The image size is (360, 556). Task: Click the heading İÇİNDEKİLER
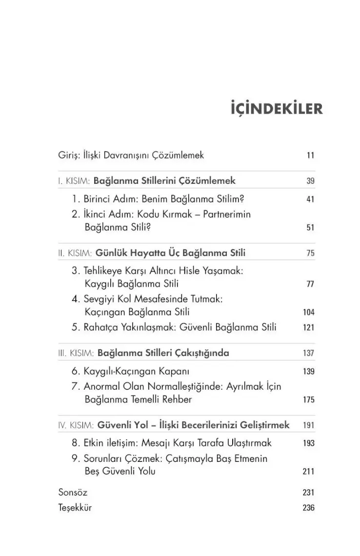tap(277, 109)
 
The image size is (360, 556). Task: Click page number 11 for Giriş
tap(310, 156)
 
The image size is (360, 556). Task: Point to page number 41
tap(310, 199)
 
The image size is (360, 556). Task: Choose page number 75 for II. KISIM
tap(310, 253)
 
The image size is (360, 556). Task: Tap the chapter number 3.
tap(75, 271)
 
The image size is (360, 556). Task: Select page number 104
tap(308, 312)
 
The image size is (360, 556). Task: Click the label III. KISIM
tap(76, 353)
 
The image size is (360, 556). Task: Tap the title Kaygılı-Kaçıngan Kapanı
tap(137, 371)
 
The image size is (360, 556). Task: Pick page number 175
tap(308, 400)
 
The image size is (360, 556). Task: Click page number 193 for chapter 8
tap(308, 443)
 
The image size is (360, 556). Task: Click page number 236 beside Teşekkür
tap(308, 508)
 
